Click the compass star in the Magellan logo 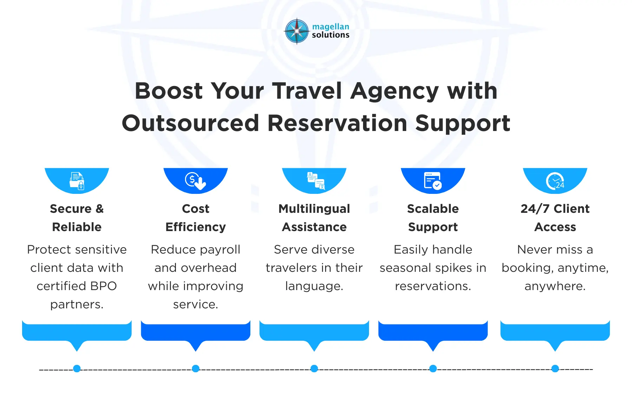(297, 31)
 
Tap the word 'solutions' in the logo (330, 35)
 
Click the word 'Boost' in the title (169, 91)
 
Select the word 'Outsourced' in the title (190, 123)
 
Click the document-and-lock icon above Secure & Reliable (77, 181)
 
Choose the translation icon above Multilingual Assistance (316, 181)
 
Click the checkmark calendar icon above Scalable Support (433, 181)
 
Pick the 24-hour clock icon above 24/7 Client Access (555, 181)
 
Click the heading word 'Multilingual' (314, 209)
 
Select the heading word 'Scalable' (433, 209)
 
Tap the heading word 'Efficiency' (196, 227)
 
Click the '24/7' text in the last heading (535, 209)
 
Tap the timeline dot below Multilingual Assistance (314, 368)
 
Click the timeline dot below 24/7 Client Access (555, 368)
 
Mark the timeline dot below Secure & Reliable (77, 368)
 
